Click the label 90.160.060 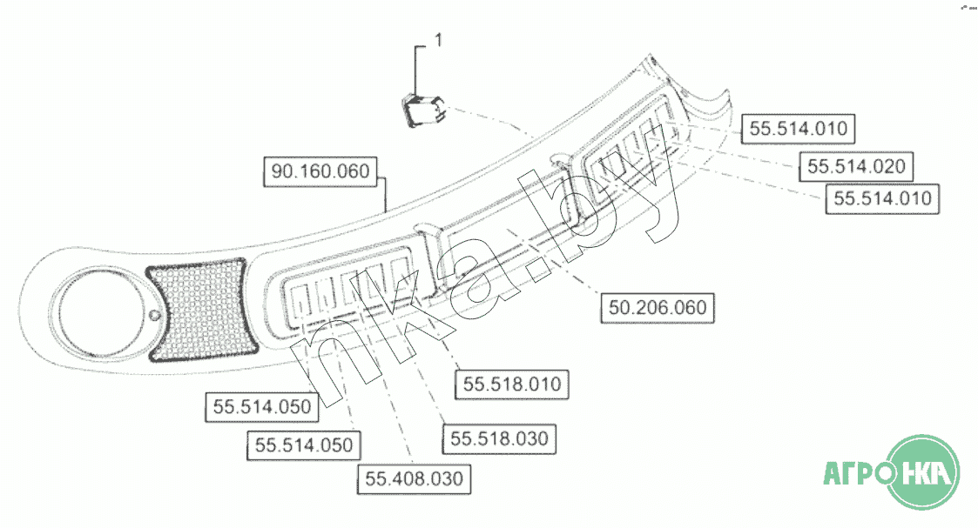[x=320, y=172]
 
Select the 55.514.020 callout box [x=856, y=167]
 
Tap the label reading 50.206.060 [x=658, y=308]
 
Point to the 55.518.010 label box [x=512, y=384]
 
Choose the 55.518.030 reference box [x=499, y=439]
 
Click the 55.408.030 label [x=415, y=478]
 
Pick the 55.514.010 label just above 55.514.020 [x=798, y=129]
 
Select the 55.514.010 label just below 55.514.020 [x=882, y=198]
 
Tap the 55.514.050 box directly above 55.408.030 [x=304, y=445]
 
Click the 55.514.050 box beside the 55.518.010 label [x=262, y=407]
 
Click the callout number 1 [x=438, y=41]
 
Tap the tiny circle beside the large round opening [x=154, y=315]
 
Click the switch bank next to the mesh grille [x=349, y=286]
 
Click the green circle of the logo [x=923, y=472]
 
